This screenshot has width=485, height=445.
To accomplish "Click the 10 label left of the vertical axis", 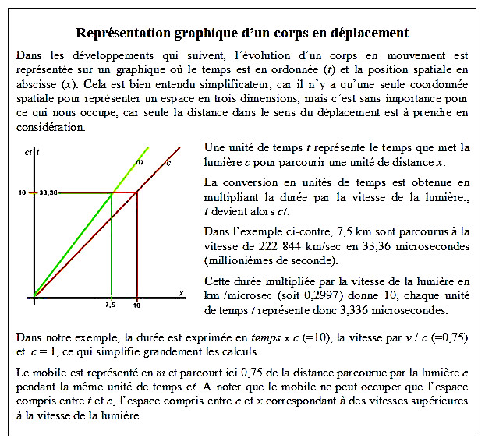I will click(x=23, y=192).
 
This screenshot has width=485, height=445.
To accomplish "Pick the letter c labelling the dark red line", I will click(x=168, y=162).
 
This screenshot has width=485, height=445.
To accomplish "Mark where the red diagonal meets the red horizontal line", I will click(x=137, y=192).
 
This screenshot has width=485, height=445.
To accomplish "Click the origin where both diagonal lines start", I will click(x=34, y=296).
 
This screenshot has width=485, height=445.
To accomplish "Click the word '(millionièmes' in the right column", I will click(x=239, y=260).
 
